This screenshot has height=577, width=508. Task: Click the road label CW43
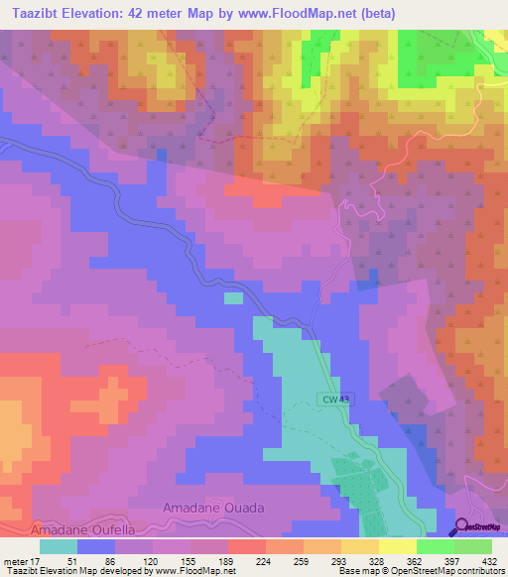point(335,400)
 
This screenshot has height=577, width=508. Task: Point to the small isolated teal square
point(232,297)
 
